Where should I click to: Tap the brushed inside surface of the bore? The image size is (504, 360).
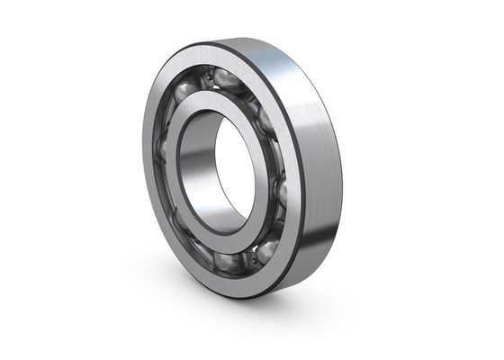click(200, 166)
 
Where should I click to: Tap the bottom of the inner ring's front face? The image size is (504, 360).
click(238, 240)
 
